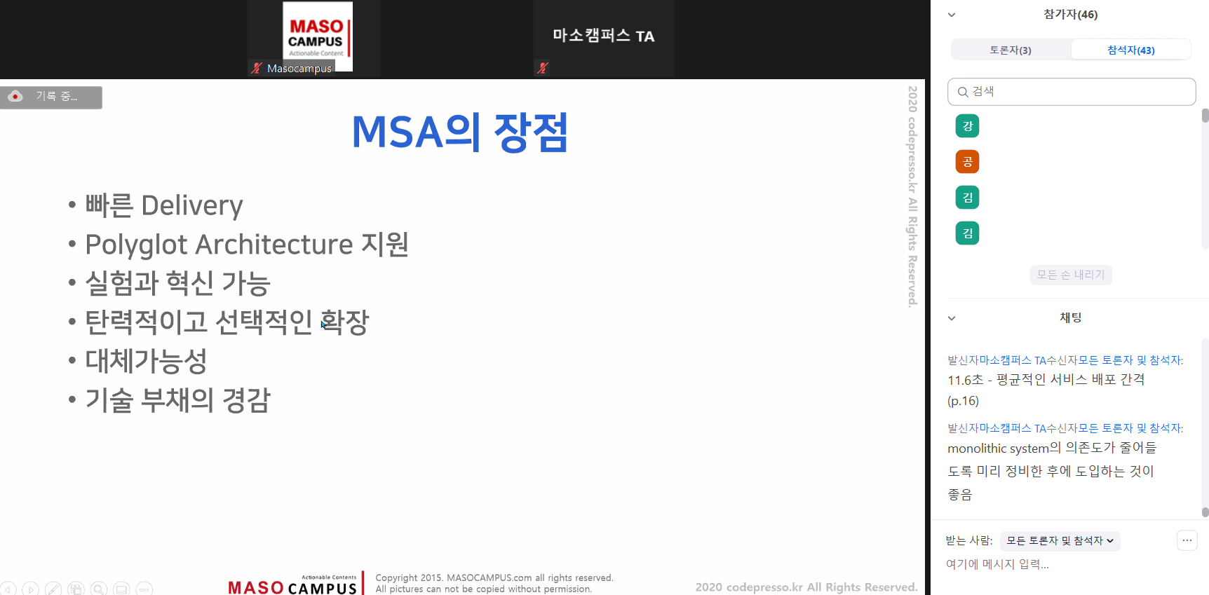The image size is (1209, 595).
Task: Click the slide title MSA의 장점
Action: [459, 132]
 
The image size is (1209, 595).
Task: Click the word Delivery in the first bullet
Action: [192, 205]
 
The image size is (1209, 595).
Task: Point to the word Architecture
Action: [274, 244]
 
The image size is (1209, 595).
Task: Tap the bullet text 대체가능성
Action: [146, 361]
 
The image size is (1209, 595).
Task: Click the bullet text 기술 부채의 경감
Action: [177, 399]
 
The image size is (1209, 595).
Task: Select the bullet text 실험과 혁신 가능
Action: [177, 283]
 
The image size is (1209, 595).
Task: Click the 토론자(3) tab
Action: [1011, 50]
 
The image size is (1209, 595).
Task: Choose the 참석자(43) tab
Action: [1130, 50]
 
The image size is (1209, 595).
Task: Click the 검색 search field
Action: [1072, 92]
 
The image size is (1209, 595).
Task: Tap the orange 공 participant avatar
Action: [967, 162]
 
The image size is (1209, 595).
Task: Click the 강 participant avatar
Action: [967, 126]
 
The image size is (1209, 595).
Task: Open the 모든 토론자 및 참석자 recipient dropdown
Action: [1060, 540]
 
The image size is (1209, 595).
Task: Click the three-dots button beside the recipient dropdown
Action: [1187, 540]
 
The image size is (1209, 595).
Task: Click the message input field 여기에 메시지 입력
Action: [997, 564]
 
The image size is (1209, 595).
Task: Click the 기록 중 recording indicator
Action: [51, 97]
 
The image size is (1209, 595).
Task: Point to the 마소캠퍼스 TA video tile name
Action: [603, 36]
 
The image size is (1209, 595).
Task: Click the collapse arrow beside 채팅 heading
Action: [952, 318]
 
